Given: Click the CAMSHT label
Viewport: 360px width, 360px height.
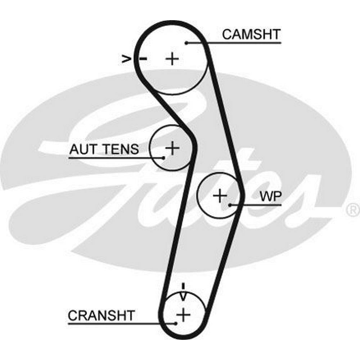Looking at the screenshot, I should (x=251, y=35).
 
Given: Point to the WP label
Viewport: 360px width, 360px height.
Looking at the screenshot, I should (x=271, y=197).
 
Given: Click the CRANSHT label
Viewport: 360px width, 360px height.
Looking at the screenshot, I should (x=101, y=315).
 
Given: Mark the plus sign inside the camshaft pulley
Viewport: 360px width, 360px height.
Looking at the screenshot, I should (x=173, y=58).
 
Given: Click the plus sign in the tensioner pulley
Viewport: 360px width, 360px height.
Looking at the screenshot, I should (x=172, y=148).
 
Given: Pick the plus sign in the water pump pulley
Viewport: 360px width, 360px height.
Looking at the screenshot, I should (x=220, y=196).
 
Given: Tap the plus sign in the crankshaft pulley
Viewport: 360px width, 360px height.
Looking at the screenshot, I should (x=184, y=315).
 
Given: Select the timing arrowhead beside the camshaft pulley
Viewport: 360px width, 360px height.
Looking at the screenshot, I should (x=126, y=58).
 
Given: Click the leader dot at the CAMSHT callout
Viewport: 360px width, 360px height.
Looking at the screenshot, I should (x=187, y=43).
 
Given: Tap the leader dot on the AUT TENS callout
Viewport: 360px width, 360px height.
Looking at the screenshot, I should (x=163, y=158).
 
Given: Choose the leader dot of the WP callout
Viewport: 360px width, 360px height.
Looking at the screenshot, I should (x=230, y=205).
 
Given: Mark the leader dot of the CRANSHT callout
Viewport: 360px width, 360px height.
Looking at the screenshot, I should (x=176, y=323).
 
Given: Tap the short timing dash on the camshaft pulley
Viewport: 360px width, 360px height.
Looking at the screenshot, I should (x=143, y=58).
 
